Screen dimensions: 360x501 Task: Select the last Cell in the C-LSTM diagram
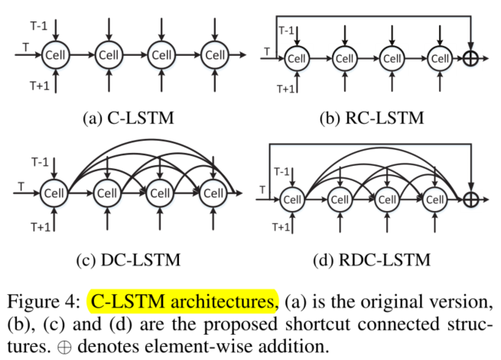click(216, 55)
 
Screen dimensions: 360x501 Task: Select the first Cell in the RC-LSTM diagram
click(298, 59)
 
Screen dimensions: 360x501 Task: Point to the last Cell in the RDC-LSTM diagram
click(435, 199)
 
